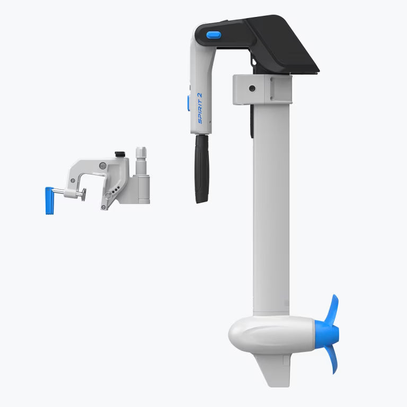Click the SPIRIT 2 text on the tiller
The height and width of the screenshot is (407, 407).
click(x=200, y=108)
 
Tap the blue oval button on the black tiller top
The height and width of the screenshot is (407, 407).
click(x=214, y=35)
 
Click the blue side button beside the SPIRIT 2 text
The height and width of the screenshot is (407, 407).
click(x=189, y=103)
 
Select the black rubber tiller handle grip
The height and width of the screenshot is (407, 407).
click(x=202, y=169)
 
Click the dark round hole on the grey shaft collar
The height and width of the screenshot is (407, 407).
click(x=252, y=89)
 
